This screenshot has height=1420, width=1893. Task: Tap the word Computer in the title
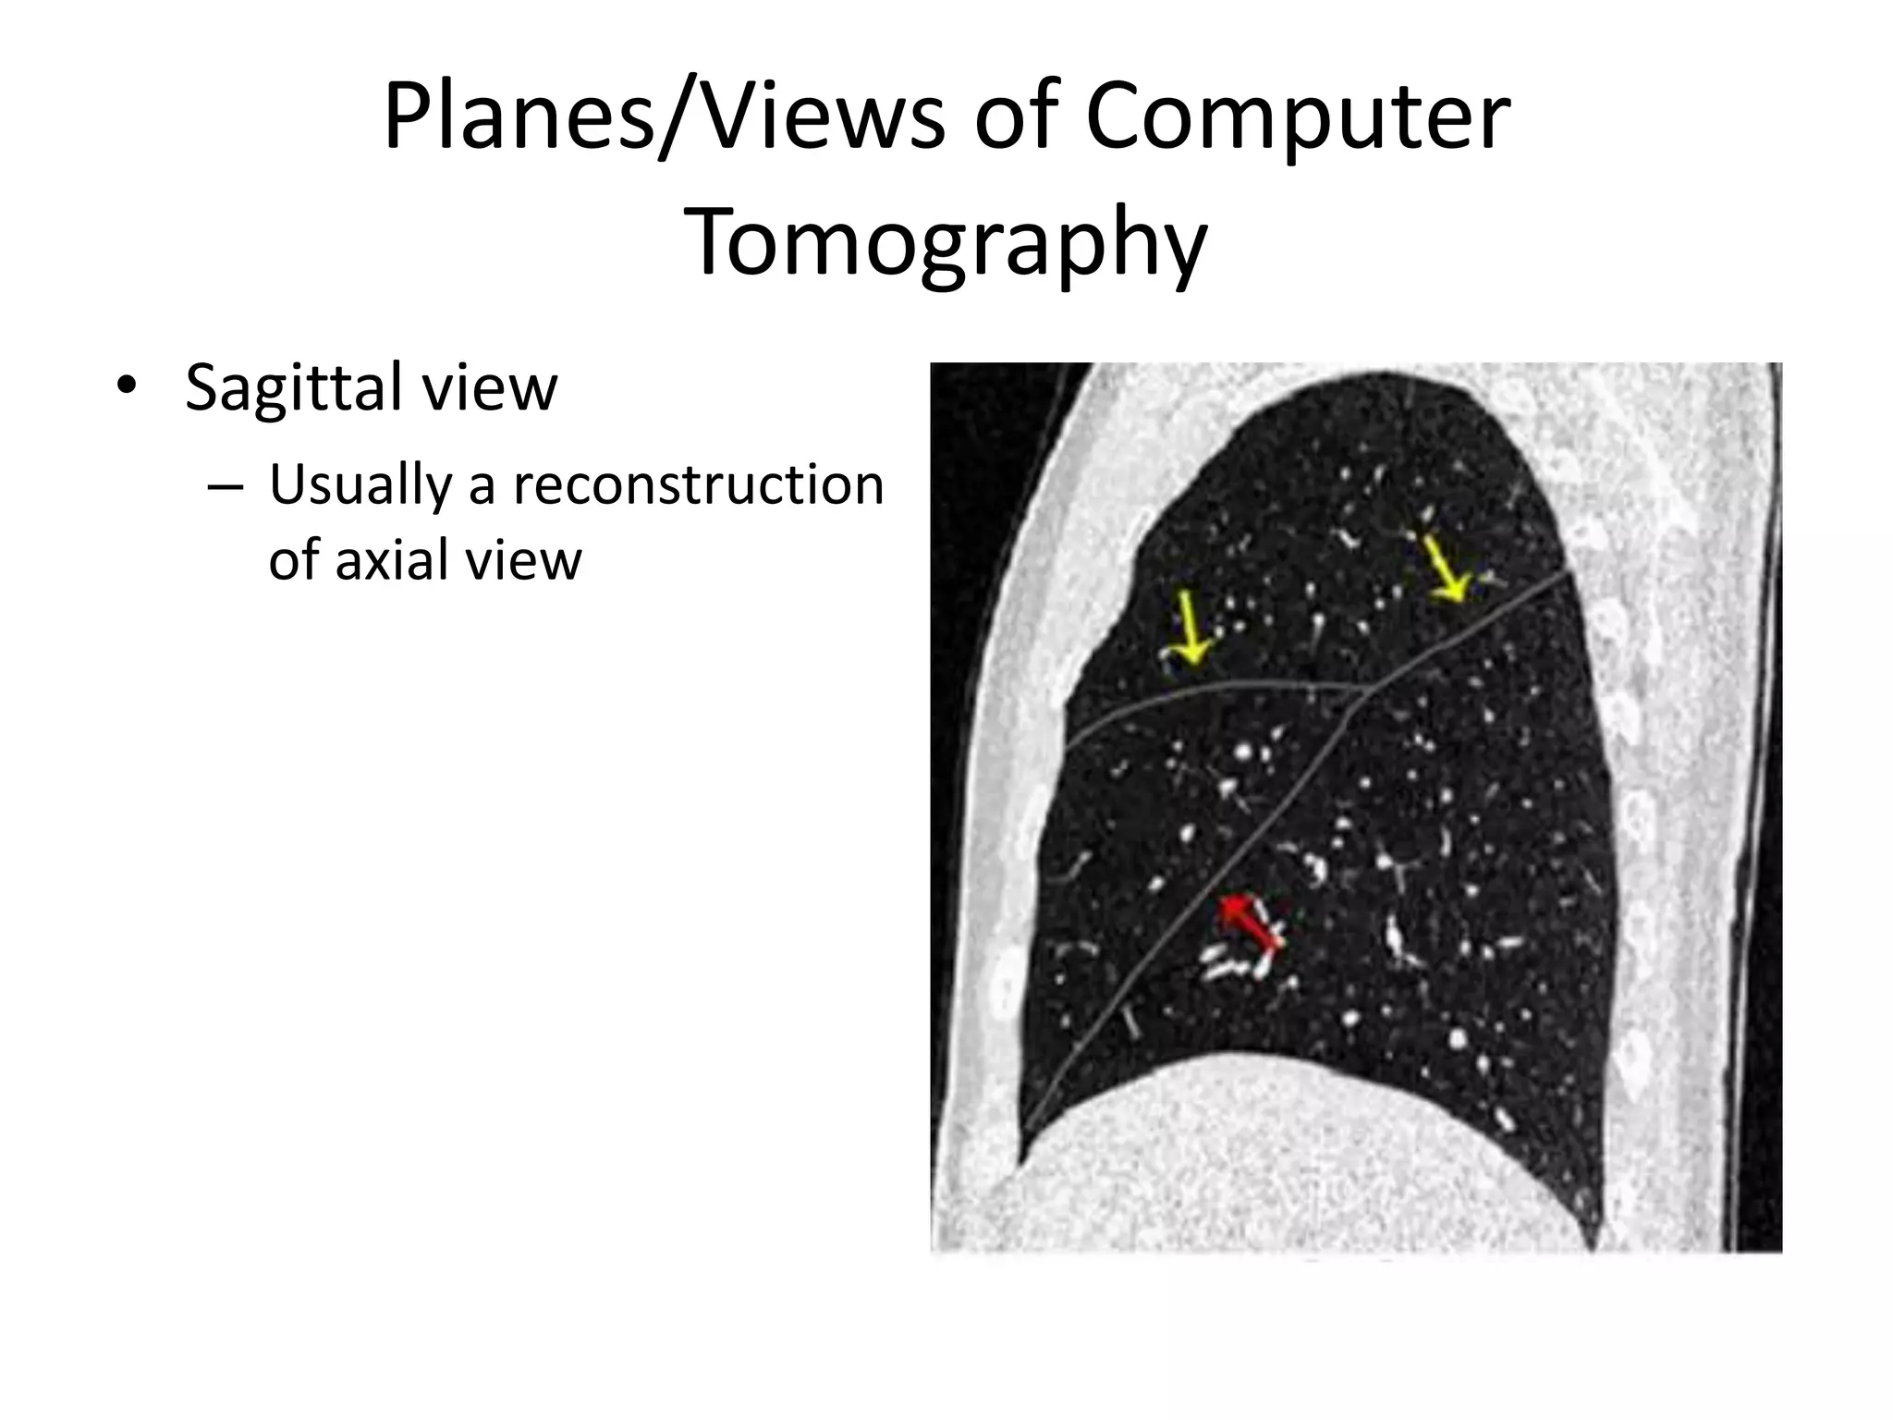(x=1297, y=118)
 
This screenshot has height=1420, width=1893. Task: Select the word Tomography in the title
(x=946, y=243)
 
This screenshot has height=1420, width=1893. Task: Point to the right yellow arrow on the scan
(x=1444, y=569)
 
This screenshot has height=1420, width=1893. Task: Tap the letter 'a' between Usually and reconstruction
(x=482, y=487)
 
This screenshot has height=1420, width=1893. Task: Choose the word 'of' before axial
(x=294, y=560)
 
